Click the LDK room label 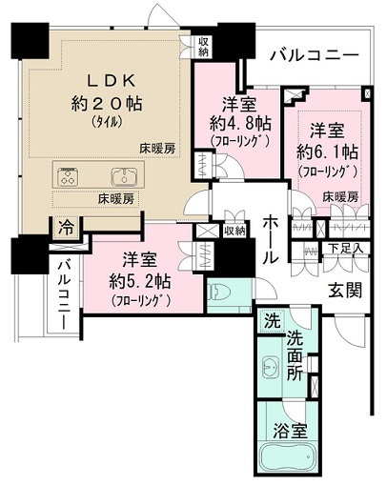112,81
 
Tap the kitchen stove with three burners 68,176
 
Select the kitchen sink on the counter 124,176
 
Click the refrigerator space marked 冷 67,228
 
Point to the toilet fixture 216,293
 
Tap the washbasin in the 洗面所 271,367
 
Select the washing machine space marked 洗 273,321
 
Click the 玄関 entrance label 345,290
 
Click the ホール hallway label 271,238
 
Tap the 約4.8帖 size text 240,124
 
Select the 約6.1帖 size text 328,152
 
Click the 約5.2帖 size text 140,281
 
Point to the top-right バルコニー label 315,55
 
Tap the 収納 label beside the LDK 203,47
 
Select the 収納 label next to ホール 234,231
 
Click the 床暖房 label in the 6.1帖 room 340,197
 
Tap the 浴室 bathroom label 291,431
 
